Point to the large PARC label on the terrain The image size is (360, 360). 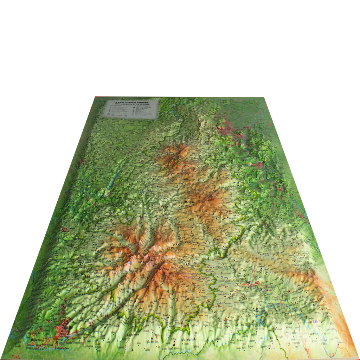click(x=185, y=179)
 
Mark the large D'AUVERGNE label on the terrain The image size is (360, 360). click(x=188, y=243)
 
